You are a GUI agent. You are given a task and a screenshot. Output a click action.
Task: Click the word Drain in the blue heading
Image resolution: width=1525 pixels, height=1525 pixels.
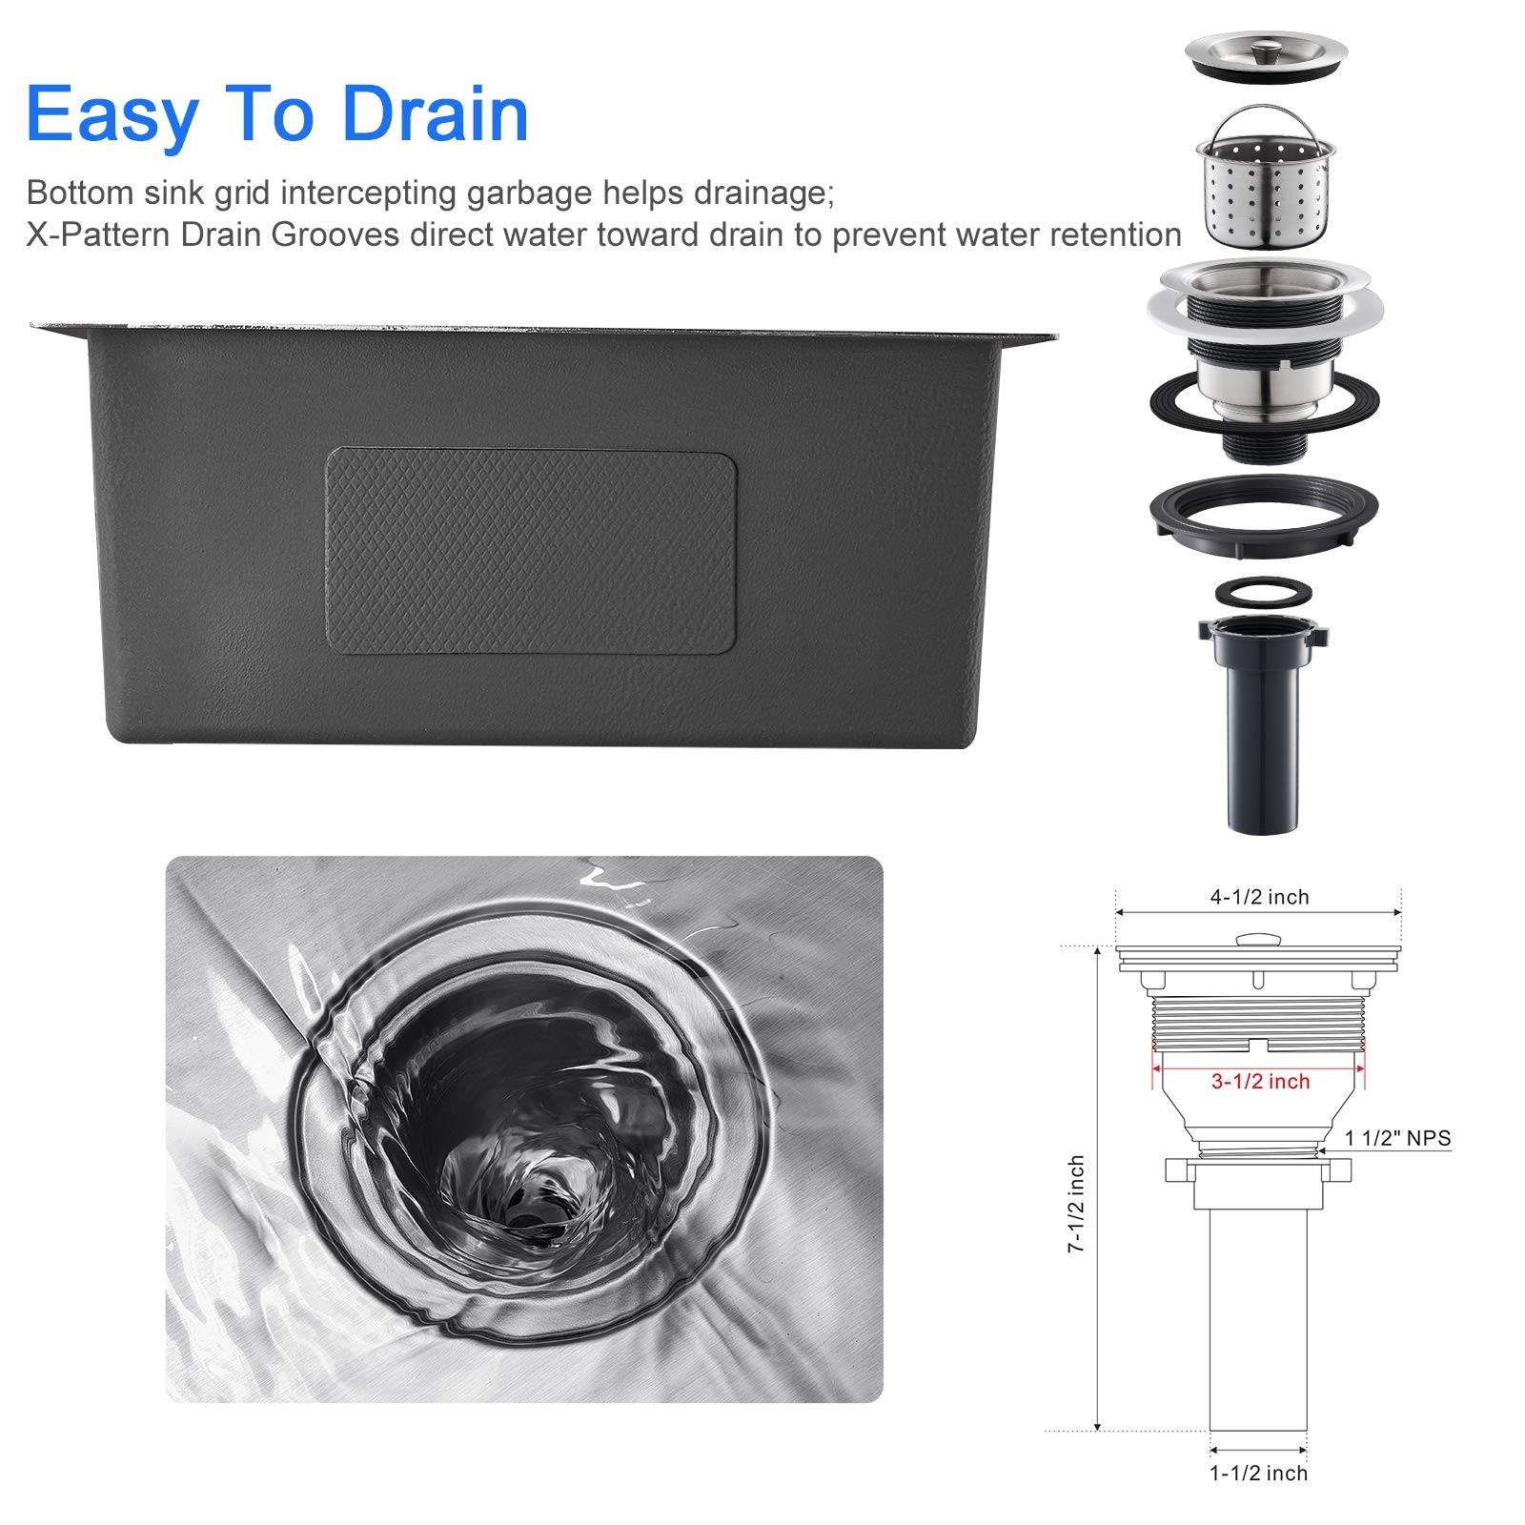pos(435,113)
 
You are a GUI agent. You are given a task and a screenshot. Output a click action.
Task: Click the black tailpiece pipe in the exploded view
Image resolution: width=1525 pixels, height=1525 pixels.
pos(1263,724)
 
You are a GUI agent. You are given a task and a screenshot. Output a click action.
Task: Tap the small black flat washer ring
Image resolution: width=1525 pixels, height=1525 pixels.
pos(1263,591)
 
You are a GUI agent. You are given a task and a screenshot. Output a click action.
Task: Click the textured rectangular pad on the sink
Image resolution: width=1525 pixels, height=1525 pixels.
pos(531,553)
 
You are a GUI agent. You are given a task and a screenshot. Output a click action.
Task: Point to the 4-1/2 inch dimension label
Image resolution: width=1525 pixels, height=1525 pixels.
pos(1259,897)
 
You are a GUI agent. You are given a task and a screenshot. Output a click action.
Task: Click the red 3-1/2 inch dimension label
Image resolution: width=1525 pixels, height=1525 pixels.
pos(1260,1081)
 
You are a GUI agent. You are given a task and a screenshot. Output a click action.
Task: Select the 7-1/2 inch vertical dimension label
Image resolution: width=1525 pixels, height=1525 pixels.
pos(1076,1204)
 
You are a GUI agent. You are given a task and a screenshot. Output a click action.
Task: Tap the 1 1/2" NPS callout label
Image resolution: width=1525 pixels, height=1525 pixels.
pos(1397,1137)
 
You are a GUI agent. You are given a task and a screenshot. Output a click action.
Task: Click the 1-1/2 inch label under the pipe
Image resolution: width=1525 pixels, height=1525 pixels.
pos(1259,1473)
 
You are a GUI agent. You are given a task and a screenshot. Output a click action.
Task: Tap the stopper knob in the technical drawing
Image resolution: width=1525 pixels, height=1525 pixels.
pos(1258,940)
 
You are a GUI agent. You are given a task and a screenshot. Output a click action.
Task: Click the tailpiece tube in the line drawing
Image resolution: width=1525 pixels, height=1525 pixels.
pos(1258,1320)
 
